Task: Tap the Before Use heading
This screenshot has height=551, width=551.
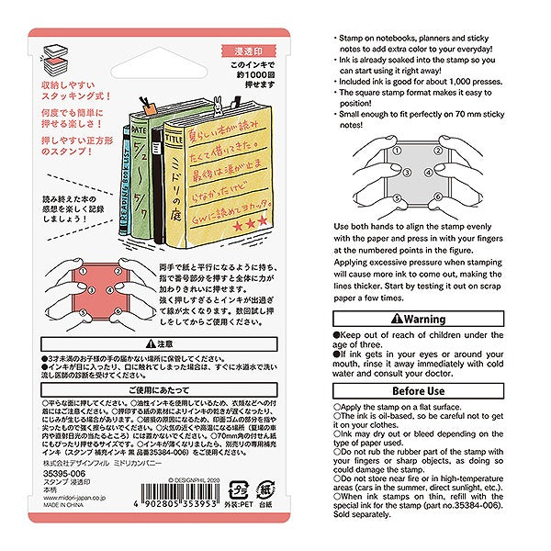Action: pyautogui.click(x=419, y=389)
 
